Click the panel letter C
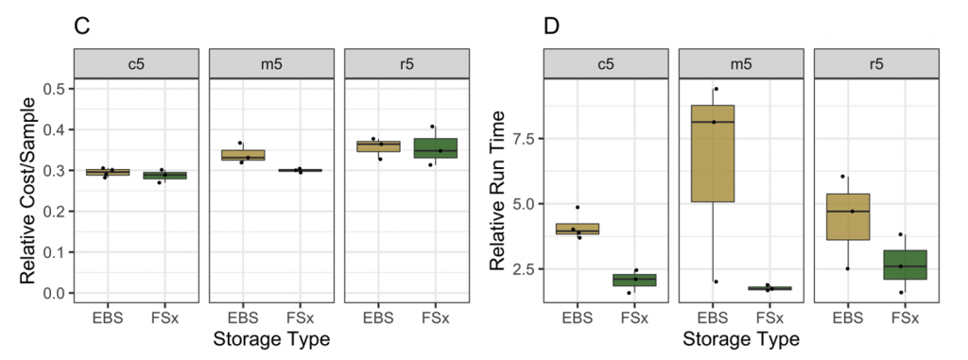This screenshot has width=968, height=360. pos(82,26)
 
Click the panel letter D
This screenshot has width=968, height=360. pos(552,26)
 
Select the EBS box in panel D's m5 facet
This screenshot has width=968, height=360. pos(713,153)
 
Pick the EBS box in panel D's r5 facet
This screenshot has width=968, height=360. pos(848,216)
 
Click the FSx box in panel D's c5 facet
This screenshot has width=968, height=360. pos(634,280)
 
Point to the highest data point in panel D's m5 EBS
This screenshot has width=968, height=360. pos(716,89)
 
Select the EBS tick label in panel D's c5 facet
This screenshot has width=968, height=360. pos(577,317)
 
